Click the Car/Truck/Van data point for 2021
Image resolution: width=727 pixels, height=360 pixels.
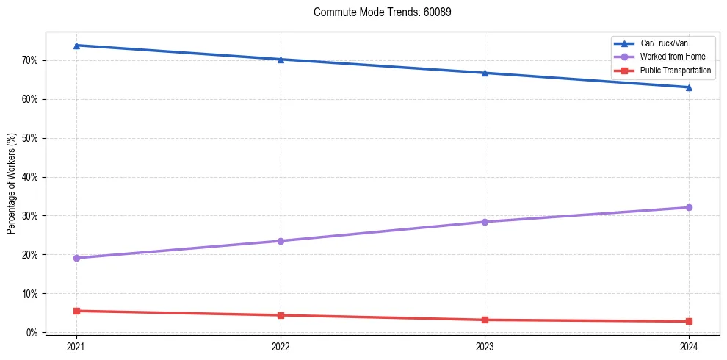click(76, 46)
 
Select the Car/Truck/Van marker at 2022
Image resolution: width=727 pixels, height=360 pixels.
click(281, 60)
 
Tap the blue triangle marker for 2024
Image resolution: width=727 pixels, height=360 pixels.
click(689, 87)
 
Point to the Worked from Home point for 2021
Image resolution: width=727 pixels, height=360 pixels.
click(76, 258)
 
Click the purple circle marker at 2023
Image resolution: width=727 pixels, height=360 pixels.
click(485, 222)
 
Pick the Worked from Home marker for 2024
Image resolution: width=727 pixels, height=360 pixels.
click(689, 207)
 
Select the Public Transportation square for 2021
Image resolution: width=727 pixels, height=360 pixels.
click(76, 311)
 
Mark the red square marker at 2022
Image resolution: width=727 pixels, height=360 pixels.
click(281, 315)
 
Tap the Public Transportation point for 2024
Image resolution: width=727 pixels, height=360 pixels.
click(689, 321)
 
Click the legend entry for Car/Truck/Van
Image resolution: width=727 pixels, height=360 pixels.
click(664, 43)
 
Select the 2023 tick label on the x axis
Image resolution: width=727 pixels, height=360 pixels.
click(485, 346)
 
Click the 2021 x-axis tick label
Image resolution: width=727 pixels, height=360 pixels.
click(76, 346)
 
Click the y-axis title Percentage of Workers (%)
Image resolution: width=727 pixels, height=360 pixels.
click(12, 183)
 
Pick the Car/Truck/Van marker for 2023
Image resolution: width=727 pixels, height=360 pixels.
click(485, 73)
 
